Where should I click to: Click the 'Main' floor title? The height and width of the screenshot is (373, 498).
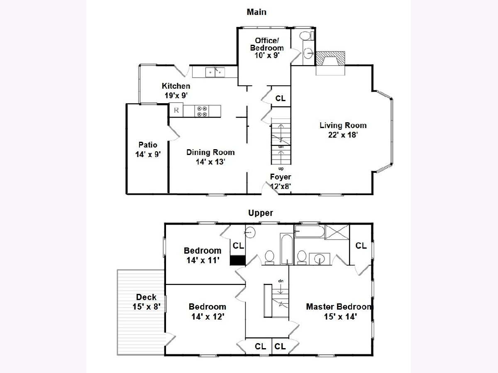point(256,12)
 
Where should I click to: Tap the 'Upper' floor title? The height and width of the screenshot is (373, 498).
point(261,213)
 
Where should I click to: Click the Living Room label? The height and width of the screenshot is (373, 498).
point(343,126)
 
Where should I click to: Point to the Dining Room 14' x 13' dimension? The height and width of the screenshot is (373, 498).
point(210,162)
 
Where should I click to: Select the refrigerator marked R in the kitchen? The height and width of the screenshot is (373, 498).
point(176,110)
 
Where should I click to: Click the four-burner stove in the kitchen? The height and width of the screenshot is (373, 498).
point(202,111)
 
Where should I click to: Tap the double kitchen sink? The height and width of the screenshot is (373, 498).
point(215,72)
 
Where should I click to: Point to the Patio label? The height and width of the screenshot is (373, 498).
point(148,145)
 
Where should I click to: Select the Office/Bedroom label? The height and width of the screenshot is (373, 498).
point(267,44)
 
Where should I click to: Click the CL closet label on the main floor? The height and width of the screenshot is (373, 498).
point(281,98)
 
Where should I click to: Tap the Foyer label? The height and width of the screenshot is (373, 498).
point(281,177)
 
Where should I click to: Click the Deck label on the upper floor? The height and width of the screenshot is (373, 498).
point(146,297)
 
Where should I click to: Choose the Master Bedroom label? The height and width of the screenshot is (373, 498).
point(339,307)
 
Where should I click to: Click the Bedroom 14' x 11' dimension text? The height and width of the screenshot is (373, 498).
point(203,260)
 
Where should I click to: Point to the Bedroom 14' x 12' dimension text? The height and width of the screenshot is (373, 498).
point(208,316)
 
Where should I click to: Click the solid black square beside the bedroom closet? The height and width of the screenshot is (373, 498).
point(237,260)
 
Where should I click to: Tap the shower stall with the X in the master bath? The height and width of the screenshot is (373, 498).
point(337,232)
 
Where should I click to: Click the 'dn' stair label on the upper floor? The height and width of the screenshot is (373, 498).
point(281,281)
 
